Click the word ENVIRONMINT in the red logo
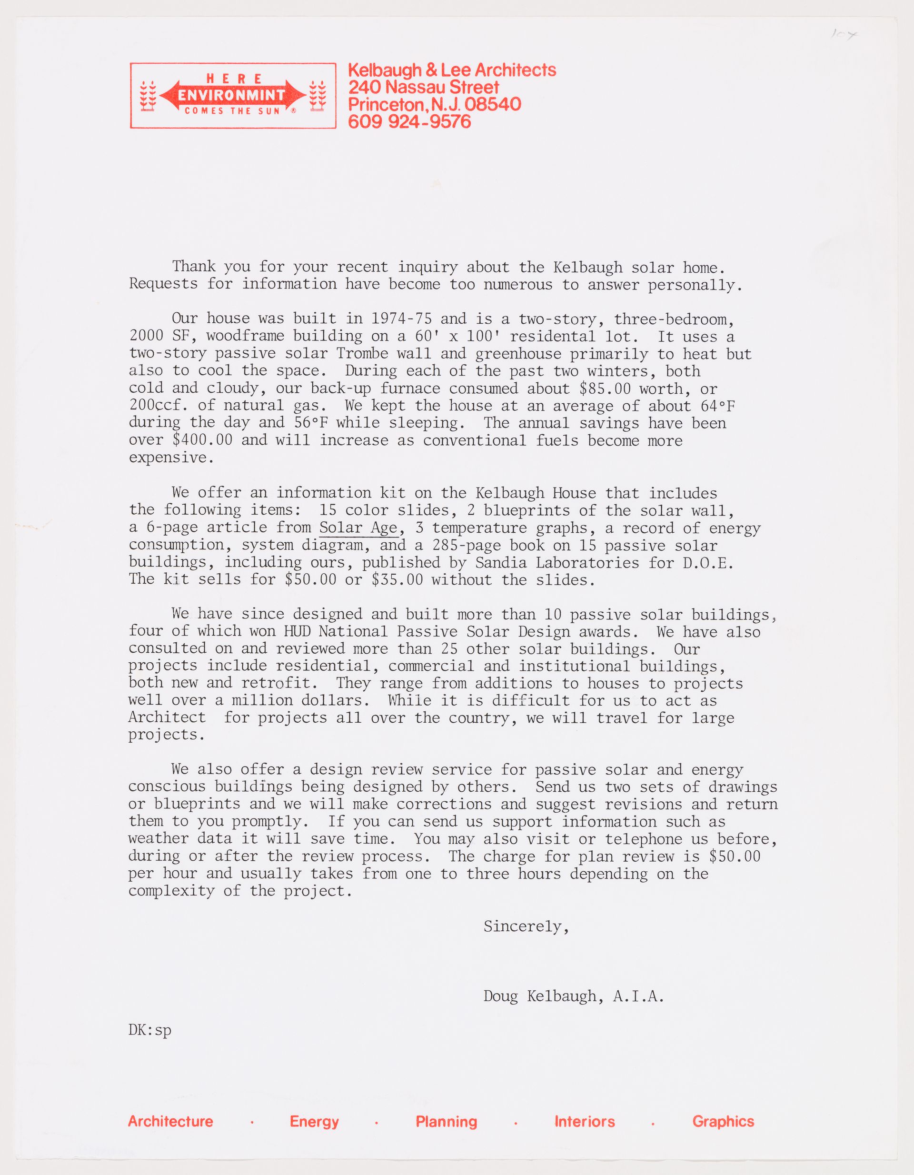[x=231, y=96]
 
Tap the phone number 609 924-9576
[x=409, y=121]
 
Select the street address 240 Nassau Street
[x=423, y=87]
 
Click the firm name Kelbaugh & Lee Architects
[x=452, y=70]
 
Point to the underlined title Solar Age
[x=358, y=528]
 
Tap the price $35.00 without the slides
[x=397, y=579]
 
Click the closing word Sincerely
[x=526, y=926]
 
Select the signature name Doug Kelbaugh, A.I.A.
[x=574, y=996]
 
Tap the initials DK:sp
[x=149, y=1030]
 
